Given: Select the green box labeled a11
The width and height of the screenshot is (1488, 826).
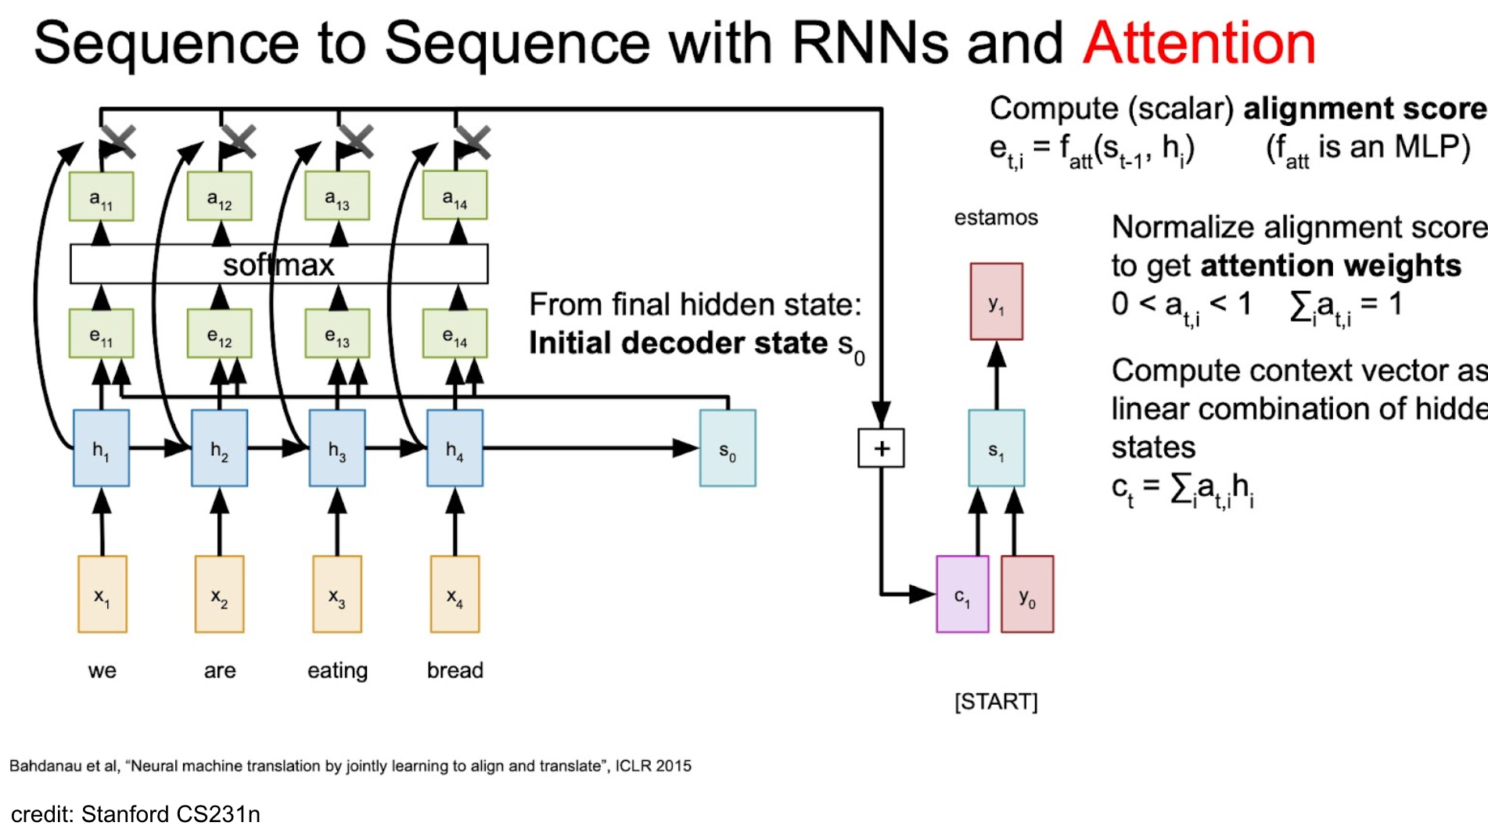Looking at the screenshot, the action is [101, 196].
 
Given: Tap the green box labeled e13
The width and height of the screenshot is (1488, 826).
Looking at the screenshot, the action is [337, 334].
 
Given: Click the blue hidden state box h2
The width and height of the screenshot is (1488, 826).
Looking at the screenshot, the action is [219, 448].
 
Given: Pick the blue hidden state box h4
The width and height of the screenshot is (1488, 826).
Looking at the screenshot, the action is [455, 448].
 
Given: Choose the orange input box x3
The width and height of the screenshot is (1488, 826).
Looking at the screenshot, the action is [337, 594].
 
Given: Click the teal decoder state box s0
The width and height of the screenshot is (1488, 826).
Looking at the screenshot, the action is [728, 448].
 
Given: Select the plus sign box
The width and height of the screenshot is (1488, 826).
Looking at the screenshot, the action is [882, 448].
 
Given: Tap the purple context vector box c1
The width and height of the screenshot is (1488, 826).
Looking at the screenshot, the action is [962, 594].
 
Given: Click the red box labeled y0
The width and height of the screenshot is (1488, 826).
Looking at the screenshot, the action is [1027, 594].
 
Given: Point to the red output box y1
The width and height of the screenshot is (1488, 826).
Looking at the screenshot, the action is [996, 302].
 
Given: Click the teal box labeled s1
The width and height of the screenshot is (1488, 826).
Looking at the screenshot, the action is [996, 448].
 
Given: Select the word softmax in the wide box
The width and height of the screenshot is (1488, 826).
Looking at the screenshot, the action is [279, 265].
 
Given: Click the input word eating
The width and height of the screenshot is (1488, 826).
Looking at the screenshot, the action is [337, 671].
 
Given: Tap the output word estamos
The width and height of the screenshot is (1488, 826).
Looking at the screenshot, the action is [996, 217].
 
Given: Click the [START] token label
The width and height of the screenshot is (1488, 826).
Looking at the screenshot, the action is [996, 702].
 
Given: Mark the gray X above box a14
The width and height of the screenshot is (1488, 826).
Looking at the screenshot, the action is [473, 142].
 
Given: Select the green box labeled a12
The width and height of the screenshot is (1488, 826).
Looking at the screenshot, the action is [219, 196].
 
